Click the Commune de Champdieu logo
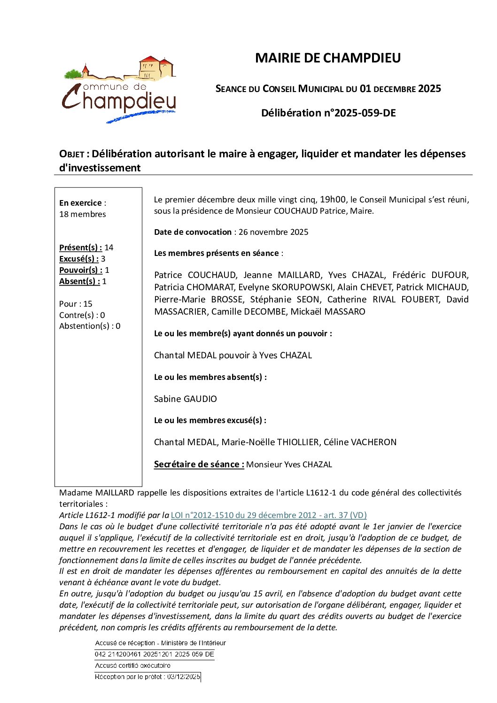(x=119, y=89)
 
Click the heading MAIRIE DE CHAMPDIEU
(x=328, y=58)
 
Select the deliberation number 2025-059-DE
(x=365, y=113)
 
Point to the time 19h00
(x=333, y=200)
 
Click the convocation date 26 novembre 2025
(x=273, y=232)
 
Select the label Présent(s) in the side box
(x=80, y=247)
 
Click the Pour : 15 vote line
(x=76, y=304)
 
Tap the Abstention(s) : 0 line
(x=90, y=326)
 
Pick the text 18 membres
(x=83, y=214)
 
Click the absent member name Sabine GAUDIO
(x=186, y=399)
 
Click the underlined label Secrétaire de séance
(x=199, y=464)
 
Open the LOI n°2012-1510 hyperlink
(x=269, y=515)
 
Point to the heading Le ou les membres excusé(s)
(x=210, y=420)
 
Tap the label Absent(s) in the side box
(x=79, y=281)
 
